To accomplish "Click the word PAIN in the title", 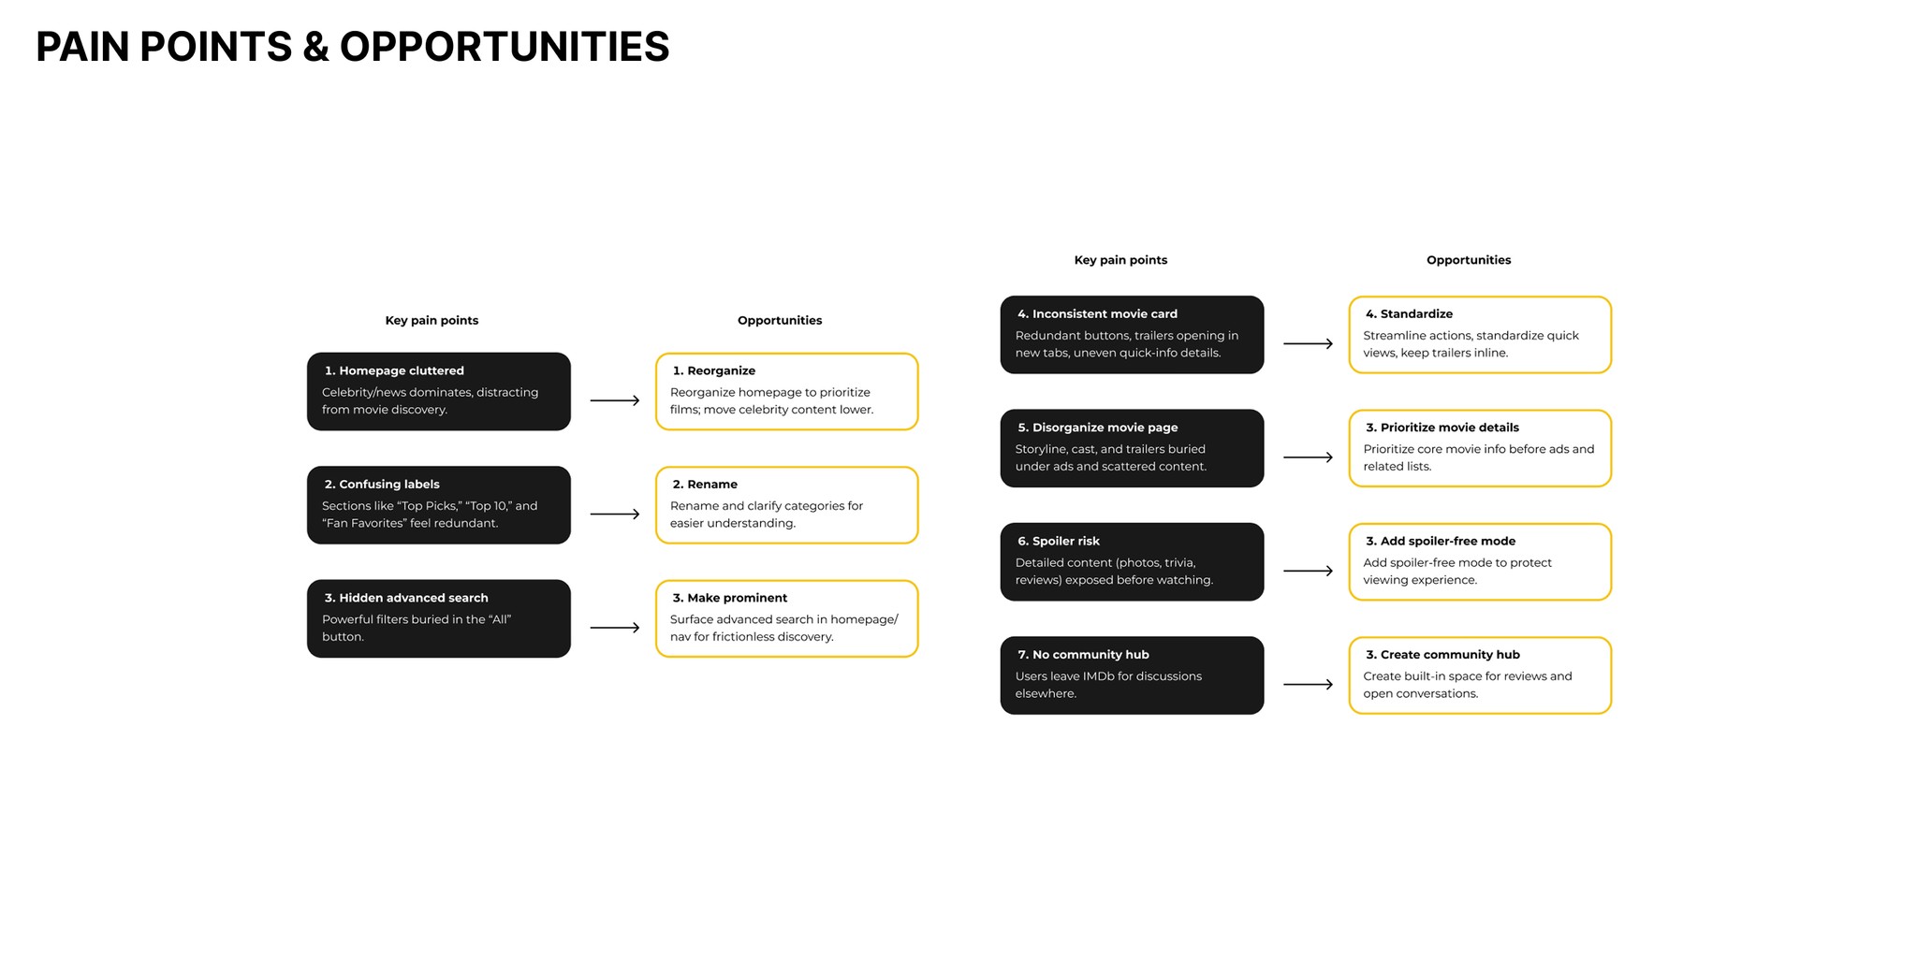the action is coord(83,47).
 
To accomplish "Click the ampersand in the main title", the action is coord(315,47).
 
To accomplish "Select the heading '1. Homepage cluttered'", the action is coord(394,370).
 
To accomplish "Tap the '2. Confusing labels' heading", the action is coord(382,484).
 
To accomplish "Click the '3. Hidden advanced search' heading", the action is coord(406,598).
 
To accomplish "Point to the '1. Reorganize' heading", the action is coord(713,370).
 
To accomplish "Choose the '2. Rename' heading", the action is coord(705,484).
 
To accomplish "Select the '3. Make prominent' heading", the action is coord(729,598).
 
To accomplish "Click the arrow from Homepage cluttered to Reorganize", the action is coord(614,400).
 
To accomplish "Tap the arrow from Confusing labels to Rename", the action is coord(614,514).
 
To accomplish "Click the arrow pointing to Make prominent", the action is coord(614,628).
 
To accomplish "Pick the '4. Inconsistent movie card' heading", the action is coord(1097,313).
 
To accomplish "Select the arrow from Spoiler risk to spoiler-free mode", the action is coord(1308,571).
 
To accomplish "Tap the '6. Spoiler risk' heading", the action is coord(1059,541).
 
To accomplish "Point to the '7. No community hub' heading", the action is coord(1083,655).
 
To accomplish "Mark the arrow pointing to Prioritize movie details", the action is coord(1308,457).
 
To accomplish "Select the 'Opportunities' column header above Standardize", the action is coord(1469,260).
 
